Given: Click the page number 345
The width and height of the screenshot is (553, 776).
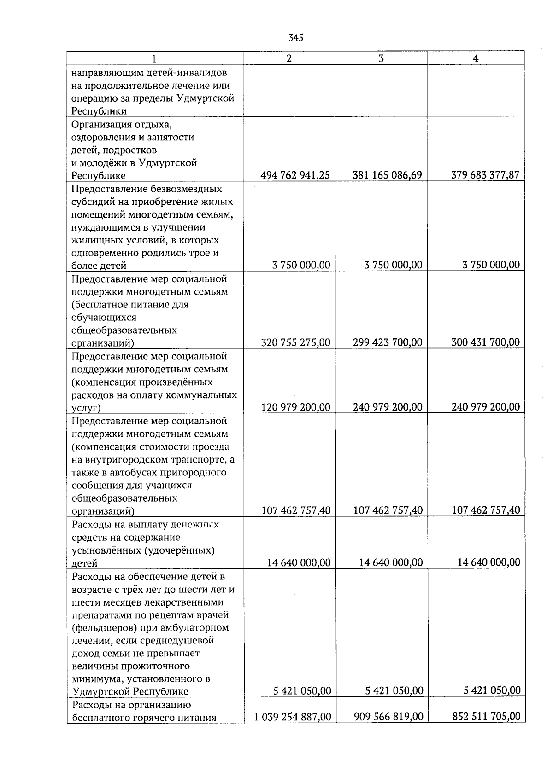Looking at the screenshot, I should [x=295, y=38].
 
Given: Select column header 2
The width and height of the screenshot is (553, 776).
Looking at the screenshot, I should [x=289, y=58].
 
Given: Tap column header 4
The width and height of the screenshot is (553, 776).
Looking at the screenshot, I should [x=476, y=58].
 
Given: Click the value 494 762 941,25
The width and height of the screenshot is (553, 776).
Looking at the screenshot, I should [x=295, y=175].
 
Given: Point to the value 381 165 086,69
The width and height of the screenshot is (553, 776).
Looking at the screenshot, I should [x=387, y=175].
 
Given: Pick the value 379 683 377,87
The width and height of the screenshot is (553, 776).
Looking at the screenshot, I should [x=485, y=175].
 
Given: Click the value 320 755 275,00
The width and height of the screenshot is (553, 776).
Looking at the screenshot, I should [x=295, y=342].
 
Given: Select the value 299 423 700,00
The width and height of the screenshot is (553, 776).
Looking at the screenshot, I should [x=387, y=342].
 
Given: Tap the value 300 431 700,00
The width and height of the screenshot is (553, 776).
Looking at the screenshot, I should [x=485, y=342].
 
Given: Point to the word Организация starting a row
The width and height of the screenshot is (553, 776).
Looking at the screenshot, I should [x=100, y=125].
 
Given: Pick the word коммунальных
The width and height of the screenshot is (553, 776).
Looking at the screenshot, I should [x=208, y=395].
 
